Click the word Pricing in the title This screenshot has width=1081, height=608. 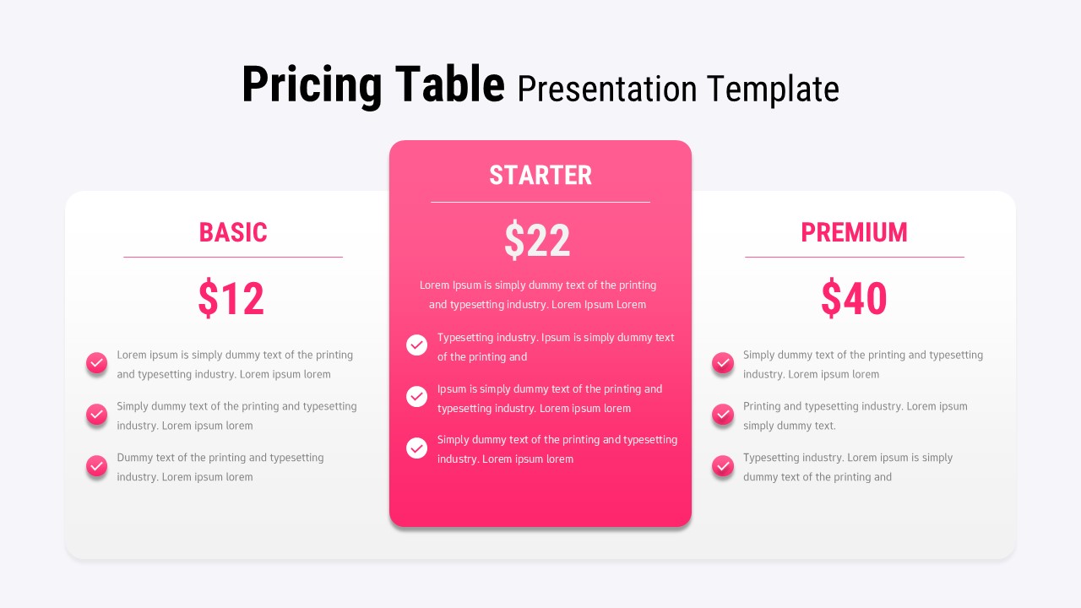click(x=312, y=86)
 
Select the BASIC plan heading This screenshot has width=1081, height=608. click(x=233, y=232)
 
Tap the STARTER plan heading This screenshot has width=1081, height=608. click(x=540, y=176)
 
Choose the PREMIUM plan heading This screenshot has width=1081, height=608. click(x=854, y=232)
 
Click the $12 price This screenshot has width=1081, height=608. click(x=231, y=299)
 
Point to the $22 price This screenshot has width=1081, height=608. click(x=537, y=241)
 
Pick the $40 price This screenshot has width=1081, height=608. click(x=854, y=299)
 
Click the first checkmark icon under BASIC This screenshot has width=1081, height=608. click(x=97, y=363)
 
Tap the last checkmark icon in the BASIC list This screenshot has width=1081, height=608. click(x=97, y=465)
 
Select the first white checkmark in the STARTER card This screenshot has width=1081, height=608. click(x=417, y=345)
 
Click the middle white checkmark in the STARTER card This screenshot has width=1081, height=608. click(x=417, y=396)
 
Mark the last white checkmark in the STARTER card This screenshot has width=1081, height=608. click(x=417, y=448)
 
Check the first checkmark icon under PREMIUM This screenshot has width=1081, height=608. click(x=723, y=363)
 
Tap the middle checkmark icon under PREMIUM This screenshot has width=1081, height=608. click(x=723, y=414)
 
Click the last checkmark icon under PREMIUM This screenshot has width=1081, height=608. click(x=723, y=465)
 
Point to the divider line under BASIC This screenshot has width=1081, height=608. click(x=233, y=257)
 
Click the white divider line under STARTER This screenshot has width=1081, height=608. click(x=540, y=202)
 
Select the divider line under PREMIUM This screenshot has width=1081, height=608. click(x=854, y=257)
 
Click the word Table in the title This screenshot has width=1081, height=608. click(x=451, y=86)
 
